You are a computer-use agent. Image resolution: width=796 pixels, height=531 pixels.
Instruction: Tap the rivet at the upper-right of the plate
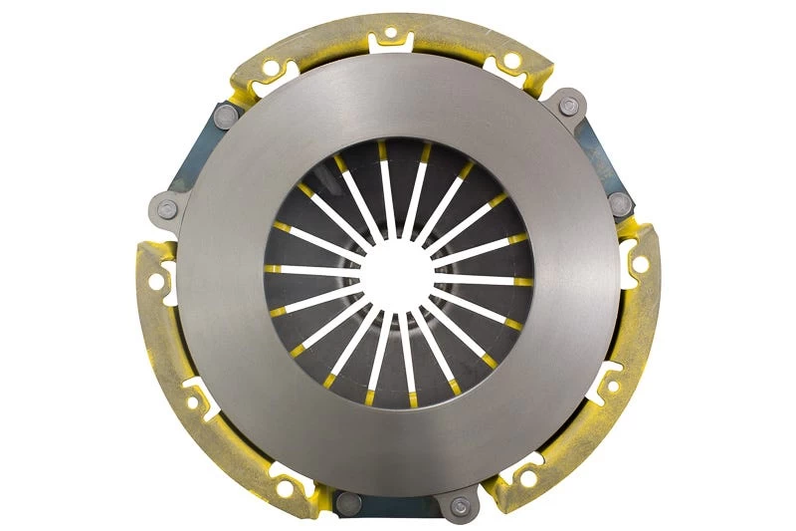568,107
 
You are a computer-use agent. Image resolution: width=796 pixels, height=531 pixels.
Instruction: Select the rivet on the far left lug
167,209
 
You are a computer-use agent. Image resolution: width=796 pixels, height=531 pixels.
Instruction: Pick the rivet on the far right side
620,204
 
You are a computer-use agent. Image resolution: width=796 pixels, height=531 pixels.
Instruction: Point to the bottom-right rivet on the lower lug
458,506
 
